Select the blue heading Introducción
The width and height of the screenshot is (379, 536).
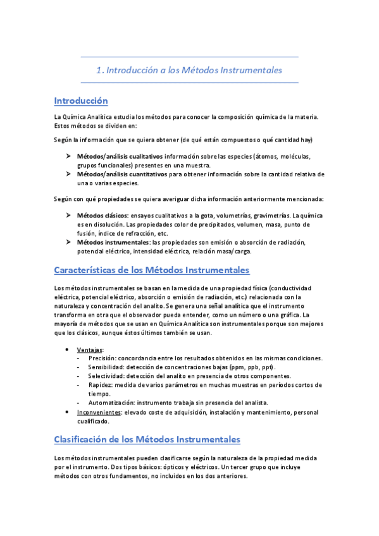click(81, 100)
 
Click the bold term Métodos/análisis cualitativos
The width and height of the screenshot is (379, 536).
click(120, 155)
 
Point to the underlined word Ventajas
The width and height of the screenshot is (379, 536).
click(90, 350)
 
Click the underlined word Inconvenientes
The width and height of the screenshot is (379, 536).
click(103, 412)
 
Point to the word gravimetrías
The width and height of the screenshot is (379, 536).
click(272, 216)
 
